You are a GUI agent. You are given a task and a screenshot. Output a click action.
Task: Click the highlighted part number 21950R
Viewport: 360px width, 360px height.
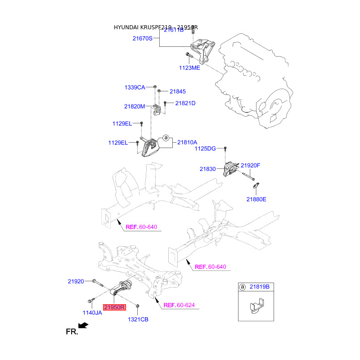pyautogui.click(x=115, y=308)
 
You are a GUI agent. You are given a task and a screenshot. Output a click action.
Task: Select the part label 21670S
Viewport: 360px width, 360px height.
pyautogui.click(x=143, y=39)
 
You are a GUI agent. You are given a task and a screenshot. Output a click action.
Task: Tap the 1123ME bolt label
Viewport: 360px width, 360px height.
pyautogui.click(x=190, y=67)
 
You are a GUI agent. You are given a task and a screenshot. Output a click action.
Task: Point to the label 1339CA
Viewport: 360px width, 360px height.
pyautogui.click(x=135, y=87)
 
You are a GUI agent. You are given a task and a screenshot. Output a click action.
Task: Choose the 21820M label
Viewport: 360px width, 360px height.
pyautogui.click(x=135, y=107)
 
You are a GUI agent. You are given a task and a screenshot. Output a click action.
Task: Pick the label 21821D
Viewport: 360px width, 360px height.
pyautogui.click(x=185, y=103)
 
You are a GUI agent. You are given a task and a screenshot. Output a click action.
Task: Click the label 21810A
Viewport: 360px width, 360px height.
pyautogui.click(x=187, y=142)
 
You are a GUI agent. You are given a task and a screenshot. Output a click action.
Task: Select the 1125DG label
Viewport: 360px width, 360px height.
pyautogui.click(x=205, y=148)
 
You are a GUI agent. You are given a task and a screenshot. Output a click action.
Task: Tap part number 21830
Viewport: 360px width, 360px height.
pyautogui.click(x=208, y=169)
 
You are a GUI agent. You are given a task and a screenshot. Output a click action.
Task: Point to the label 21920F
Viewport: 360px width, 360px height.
pyautogui.click(x=251, y=165)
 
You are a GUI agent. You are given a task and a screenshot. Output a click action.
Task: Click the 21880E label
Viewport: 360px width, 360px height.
pyautogui.click(x=256, y=199)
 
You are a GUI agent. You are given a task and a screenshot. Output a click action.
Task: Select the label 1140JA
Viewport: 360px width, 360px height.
pyautogui.click(x=92, y=312)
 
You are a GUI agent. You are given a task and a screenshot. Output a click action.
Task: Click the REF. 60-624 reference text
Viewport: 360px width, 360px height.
pyautogui.click(x=179, y=305)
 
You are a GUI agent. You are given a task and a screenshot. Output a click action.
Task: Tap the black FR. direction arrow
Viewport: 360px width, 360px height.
pyautogui.click(x=82, y=325)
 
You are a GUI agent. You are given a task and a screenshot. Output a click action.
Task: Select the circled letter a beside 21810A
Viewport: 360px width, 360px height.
pyautogui.click(x=165, y=137)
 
